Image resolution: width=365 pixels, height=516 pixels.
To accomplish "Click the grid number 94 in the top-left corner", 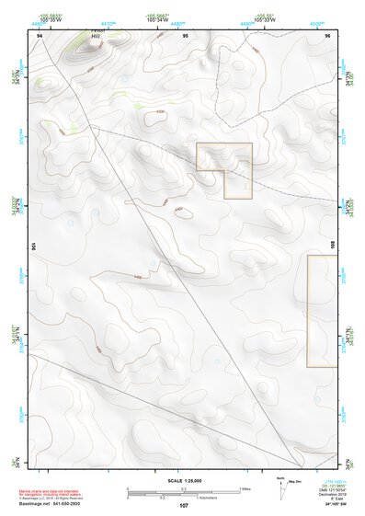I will point(40,34).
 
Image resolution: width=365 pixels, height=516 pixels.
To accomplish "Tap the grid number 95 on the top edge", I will point(186,34).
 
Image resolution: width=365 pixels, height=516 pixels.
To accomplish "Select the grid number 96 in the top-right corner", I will point(328,34).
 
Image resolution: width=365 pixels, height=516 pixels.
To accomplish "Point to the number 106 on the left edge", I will point(34,247).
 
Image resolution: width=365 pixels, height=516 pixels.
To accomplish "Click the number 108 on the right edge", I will point(332,247).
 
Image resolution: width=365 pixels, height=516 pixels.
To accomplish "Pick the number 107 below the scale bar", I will point(184,506).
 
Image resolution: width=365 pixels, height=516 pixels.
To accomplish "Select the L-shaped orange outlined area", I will point(237,182).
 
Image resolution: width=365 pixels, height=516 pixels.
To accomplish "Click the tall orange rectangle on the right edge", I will point(322,311).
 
